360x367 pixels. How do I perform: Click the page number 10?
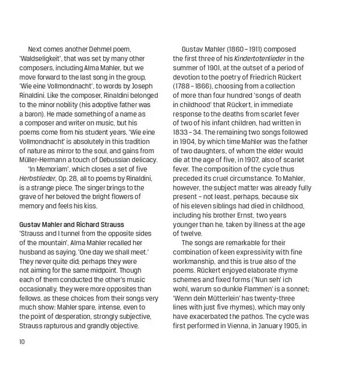tap(22, 342)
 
